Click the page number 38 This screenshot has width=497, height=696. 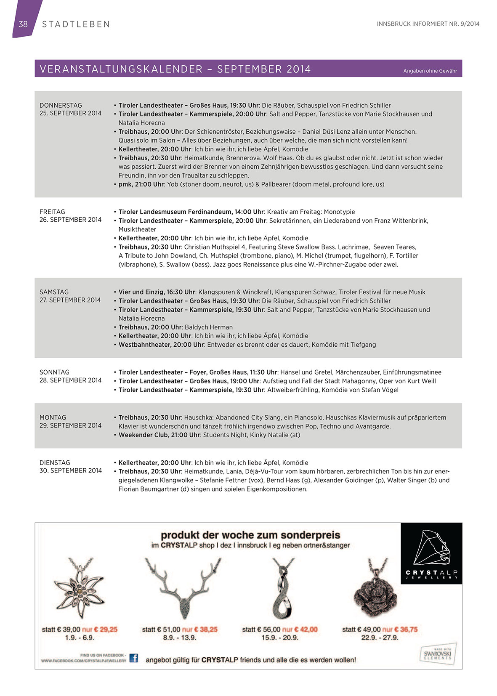(x=23, y=24)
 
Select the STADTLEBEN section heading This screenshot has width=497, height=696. (x=76, y=24)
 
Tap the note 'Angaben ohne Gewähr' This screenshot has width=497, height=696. (x=430, y=71)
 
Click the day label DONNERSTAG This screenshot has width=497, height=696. (x=61, y=105)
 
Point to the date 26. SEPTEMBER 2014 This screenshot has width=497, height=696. (x=70, y=220)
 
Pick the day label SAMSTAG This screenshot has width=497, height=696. (x=54, y=292)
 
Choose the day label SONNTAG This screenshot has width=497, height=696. (x=54, y=372)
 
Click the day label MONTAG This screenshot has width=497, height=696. (x=53, y=417)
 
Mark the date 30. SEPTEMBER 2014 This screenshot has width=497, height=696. (x=71, y=470)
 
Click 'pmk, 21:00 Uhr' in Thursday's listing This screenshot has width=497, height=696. (x=141, y=184)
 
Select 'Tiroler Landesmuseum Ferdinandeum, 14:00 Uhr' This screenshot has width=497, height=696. (x=191, y=212)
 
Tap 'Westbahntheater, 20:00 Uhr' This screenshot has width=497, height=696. (x=161, y=345)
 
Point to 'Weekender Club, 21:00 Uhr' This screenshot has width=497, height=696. (x=159, y=435)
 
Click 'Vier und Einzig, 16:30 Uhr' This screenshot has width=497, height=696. (x=157, y=292)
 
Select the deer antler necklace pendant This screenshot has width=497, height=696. (x=182, y=589)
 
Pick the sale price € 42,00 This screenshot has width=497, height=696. (x=300, y=630)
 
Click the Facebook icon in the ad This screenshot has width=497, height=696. (x=133, y=658)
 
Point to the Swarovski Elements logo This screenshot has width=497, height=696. (x=438, y=654)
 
